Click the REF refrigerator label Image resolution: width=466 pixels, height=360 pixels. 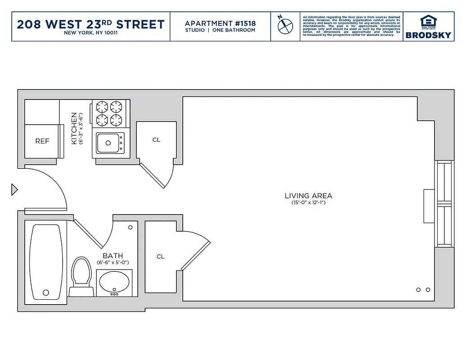pos(42,141)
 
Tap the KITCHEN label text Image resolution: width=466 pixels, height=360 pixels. pos(74,128)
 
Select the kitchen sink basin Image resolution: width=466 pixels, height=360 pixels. pos(108,143)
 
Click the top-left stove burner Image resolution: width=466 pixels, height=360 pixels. pos(102,107)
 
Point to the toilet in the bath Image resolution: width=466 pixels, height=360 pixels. pos(81,272)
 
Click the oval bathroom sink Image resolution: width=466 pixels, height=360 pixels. pos(114,283)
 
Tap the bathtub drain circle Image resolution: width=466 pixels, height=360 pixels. pos(45,292)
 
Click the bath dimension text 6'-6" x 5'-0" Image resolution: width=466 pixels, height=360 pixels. pos(113,262)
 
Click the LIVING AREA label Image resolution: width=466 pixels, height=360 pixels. pos(308,196)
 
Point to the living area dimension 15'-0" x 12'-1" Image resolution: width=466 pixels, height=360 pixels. pos(308,203)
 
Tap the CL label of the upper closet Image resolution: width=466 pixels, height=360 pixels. pos(156,140)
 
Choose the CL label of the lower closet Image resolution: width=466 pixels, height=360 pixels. pos(161,256)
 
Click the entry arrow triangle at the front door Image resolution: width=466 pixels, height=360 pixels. pos(14,189)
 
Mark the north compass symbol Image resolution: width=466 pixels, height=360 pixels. pos(285,26)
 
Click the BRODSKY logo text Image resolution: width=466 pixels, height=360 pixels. pos(428,35)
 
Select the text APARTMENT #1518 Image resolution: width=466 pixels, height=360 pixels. pos(220,23)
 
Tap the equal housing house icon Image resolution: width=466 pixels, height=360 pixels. pos(428,21)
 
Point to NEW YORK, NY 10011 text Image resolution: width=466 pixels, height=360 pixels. pos(91,33)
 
